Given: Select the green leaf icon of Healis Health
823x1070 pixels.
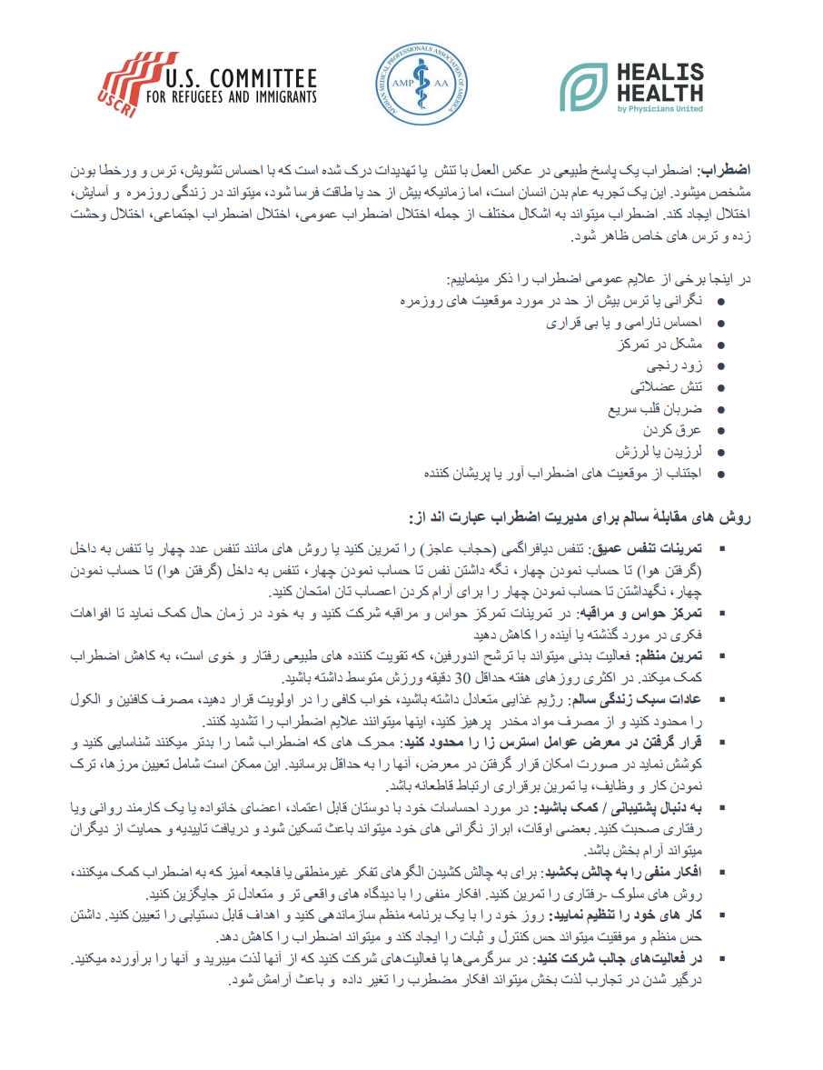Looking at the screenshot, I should click(x=584, y=87).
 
